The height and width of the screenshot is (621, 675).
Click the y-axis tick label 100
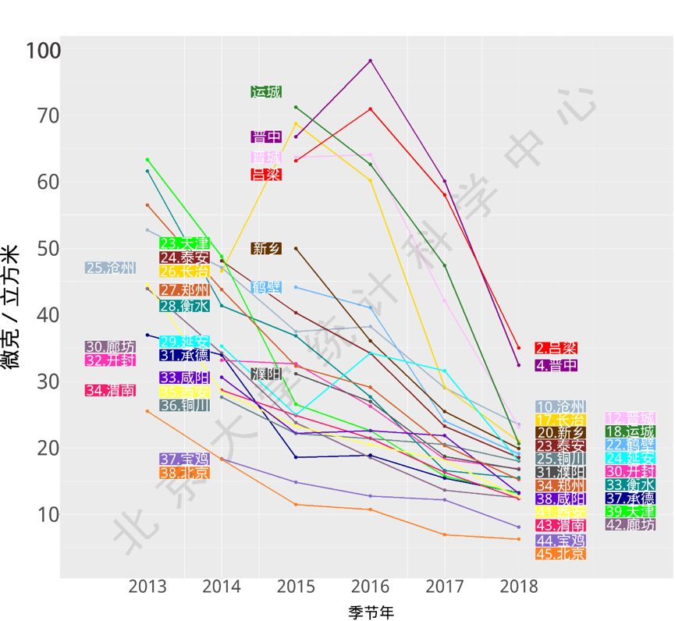43,51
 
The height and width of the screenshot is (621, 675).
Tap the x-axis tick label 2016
370,587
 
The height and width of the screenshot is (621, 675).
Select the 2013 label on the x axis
147,587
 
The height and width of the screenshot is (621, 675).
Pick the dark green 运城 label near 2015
266,92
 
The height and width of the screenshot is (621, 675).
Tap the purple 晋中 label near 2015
266,137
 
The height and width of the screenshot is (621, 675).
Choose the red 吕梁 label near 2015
266,175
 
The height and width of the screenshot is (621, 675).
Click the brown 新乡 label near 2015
266,249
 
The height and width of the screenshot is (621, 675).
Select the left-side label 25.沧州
110,268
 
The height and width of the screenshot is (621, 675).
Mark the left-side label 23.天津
184,243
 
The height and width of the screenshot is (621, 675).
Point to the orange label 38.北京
184,473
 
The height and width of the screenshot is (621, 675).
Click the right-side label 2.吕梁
556,348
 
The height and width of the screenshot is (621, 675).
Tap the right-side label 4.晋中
556,365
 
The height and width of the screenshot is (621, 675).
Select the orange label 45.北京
560,554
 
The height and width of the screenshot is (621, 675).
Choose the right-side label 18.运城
631,431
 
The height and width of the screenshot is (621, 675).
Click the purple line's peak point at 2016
370,60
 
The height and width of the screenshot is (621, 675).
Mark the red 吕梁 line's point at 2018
518,348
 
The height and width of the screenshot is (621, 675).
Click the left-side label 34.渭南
110,390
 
